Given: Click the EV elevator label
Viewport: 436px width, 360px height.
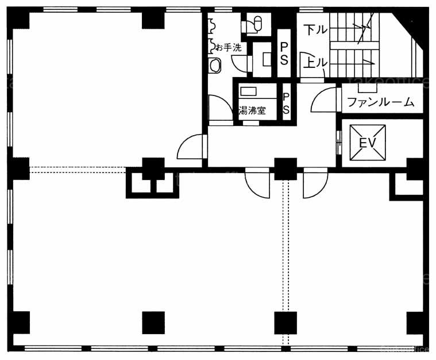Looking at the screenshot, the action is coord(368,143).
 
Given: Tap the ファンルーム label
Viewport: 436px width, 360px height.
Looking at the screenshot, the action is coord(381,102).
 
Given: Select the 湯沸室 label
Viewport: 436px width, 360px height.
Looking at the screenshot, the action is coord(252,110).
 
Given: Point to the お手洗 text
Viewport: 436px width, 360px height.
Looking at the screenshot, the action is coord(229,48).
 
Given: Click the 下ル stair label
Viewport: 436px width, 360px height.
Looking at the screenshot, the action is coord(315,30).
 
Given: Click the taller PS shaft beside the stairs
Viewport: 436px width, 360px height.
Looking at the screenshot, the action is coord(284,53).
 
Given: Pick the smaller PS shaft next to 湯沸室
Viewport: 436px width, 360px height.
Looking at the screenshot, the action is coord(286,102).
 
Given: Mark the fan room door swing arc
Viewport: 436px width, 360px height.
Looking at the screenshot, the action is coord(323,99).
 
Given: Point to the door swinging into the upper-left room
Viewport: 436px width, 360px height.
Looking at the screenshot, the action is coord(190,147).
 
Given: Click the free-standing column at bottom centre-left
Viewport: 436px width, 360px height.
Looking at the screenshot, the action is coord(153,323).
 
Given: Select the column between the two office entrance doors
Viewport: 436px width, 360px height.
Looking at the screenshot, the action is coord(285,169).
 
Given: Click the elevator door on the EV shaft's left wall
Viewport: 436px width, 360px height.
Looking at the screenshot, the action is coord(339,142).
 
